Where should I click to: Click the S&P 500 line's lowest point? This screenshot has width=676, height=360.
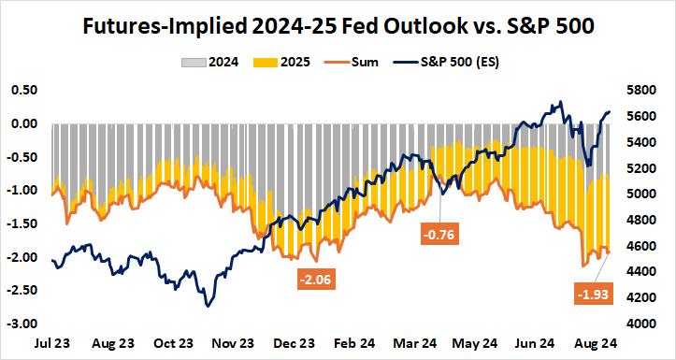tap(207, 306)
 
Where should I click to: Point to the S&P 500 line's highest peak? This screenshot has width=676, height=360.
tap(559, 102)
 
